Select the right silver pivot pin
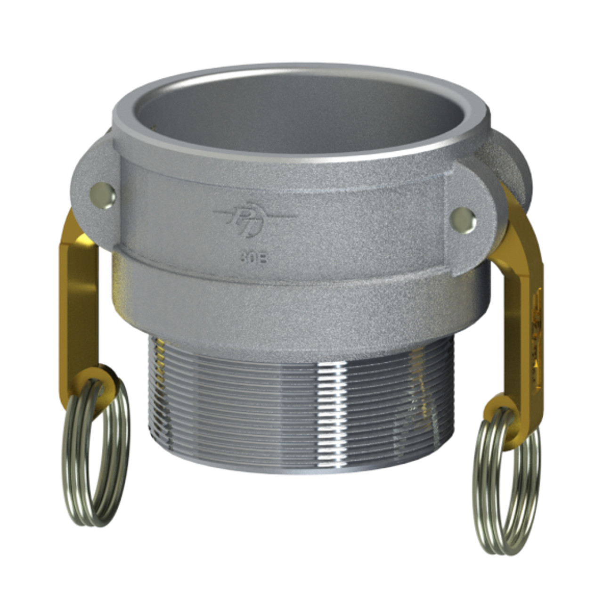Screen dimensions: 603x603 click(463, 218)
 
